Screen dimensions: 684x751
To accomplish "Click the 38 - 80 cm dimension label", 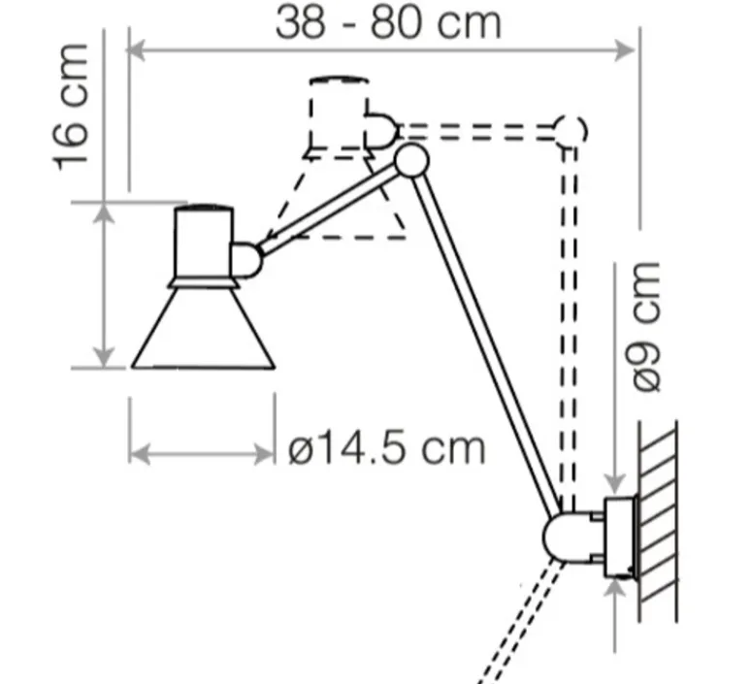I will (x=388, y=21).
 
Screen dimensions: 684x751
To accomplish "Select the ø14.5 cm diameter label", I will (x=386, y=448).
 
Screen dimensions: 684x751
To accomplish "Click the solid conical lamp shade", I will (x=204, y=330).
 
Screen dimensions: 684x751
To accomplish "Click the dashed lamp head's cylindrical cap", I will (x=337, y=114).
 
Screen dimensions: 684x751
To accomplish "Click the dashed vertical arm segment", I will (x=571, y=320).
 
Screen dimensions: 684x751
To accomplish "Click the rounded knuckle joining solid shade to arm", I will (x=245, y=258).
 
